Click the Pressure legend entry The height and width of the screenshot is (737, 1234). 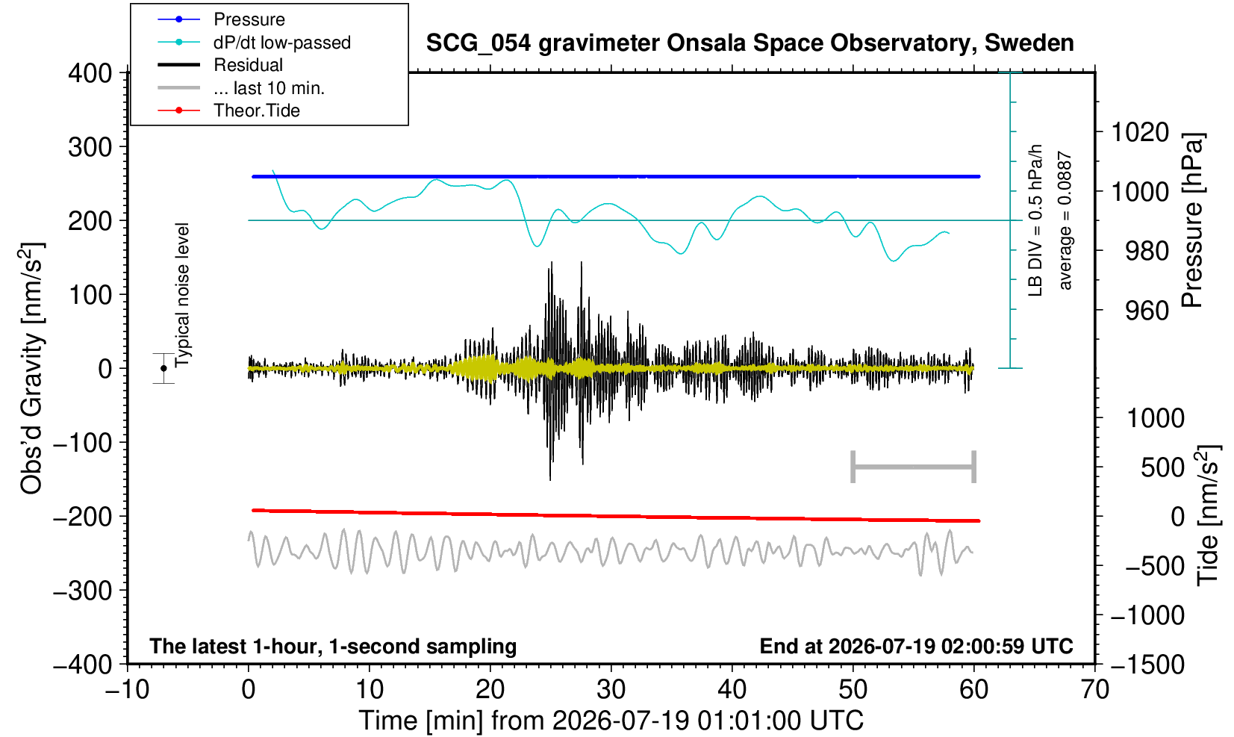tap(249, 20)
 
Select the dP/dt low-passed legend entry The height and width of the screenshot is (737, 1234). tap(282, 43)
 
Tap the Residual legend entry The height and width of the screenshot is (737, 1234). tap(248, 65)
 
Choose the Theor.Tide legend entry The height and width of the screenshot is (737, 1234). tap(257, 111)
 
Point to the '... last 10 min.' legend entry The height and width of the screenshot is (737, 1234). tap(269, 88)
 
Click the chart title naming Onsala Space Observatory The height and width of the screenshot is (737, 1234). tap(750, 43)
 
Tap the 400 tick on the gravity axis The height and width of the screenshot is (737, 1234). tap(90, 73)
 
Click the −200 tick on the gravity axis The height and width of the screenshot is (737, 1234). tap(83, 517)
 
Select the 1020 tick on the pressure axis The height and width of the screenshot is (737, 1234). tap(1140, 132)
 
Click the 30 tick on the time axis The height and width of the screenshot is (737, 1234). tap(611, 690)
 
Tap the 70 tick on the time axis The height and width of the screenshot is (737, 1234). tap(1094, 690)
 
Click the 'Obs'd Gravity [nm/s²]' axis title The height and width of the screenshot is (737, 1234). tap(31, 368)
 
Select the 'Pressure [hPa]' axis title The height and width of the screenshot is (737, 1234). tap(1193, 220)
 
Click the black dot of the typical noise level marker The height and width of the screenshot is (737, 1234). tap(163, 368)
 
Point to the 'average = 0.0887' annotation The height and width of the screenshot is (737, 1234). tap(1065, 220)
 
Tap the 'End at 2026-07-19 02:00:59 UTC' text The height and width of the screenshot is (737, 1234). tap(916, 646)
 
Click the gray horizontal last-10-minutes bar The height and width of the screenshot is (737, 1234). tap(914, 467)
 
